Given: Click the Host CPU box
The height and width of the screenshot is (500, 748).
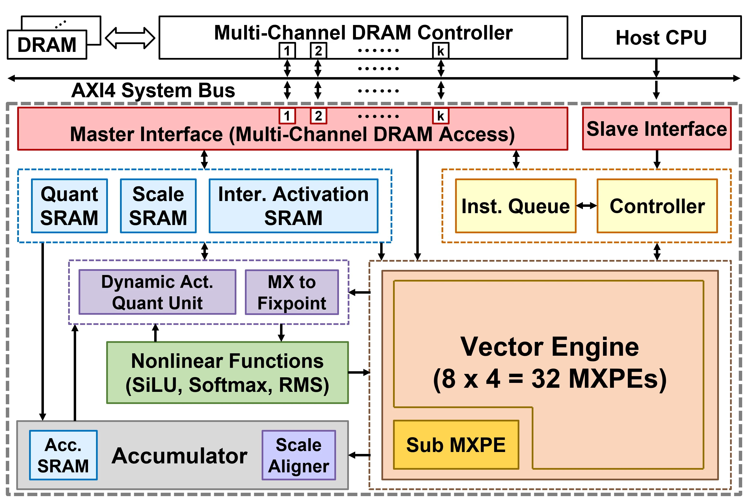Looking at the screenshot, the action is [x=661, y=37].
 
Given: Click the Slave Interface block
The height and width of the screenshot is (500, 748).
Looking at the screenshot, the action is [x=657, y=129].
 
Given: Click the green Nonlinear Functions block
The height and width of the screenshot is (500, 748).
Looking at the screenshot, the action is [x=227, y=373].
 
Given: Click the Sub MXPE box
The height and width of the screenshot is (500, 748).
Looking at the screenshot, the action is [x=456, y=445].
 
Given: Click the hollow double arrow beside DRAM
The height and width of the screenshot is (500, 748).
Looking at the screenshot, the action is [x=130, y=38].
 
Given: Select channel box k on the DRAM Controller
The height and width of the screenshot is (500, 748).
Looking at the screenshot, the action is [x=441, y=51].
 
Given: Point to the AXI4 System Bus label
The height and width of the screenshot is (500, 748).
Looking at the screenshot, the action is [x=153, y=90].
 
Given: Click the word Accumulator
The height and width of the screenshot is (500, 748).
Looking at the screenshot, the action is [x=179, y=456].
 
